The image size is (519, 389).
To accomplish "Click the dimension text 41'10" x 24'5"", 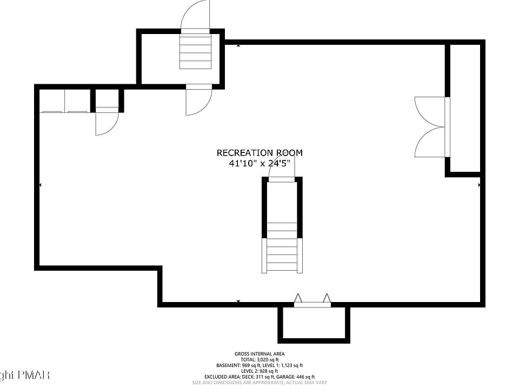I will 260,163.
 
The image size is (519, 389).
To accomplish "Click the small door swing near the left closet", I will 104,124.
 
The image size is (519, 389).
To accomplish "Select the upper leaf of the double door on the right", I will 430,111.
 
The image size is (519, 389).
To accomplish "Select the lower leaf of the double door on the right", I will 430,142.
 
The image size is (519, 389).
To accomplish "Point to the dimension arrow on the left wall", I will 41,185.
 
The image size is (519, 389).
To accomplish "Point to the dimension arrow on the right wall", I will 479,185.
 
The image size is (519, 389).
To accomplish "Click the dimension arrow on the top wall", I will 238,45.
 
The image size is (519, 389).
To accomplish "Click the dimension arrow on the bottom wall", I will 238,301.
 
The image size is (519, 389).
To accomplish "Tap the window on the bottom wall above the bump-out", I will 312,305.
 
